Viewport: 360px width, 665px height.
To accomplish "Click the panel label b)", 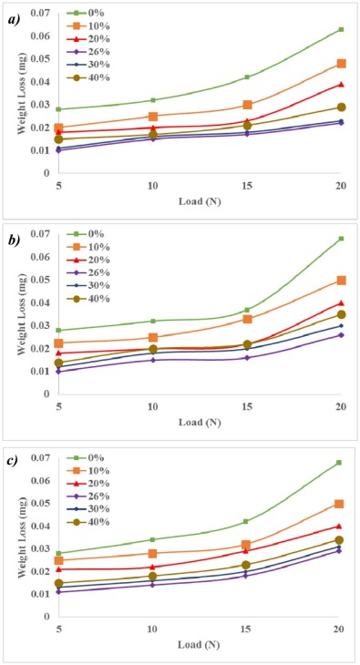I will pyautogui.click(x=12, y=239).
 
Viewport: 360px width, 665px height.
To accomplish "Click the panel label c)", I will pyautogui.click(x=12, y=461).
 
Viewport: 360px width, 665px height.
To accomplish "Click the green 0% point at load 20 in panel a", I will pyautogui.click(x=341, y=29).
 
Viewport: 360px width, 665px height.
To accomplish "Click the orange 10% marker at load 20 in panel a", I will pyautogui.click(x=341, y=64).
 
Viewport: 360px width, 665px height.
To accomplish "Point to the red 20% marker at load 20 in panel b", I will pyautogui.click(x=341, y=303).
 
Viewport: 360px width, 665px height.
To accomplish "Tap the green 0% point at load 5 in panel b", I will pyautogui.click(x=59, y=331).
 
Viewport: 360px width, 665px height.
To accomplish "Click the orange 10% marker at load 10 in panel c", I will pyautogui.click(x=153, y=553).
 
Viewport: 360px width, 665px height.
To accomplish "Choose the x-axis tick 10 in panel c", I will pyautogui.click(x=153, y=629).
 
